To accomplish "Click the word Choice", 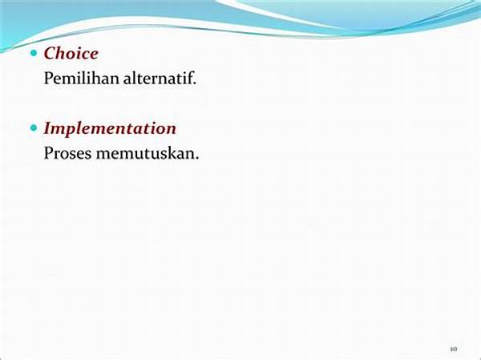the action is pyautogui.click(x=71, y=54).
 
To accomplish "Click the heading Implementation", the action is pyautogui.click(x=110, y=128).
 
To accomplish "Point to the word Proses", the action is pyautogui.click(x=68, y=153).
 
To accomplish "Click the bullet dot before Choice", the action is pyautogui.click(x=34, y=54).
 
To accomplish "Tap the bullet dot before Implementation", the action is pyautogui.click(x=34, y=128).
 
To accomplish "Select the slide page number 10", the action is pyautogui.click(x=454, y=349).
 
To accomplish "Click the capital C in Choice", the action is pyautogui.click(x=51, y=54).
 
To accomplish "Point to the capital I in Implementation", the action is pyautogui.click(x=48, y=128).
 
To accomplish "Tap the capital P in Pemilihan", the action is pyautogui.click(x=48, y=79).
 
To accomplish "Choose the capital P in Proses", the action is pyautogui.click(x=48, y=153).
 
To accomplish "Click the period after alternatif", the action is pyautogui.click(x=194, y=83).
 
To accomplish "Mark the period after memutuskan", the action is pyautogui.click(x=196, y=158).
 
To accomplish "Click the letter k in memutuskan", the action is pyautogui.click(x=174, y=152).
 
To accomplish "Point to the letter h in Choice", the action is pyautogui.click(x=63, y=54).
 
